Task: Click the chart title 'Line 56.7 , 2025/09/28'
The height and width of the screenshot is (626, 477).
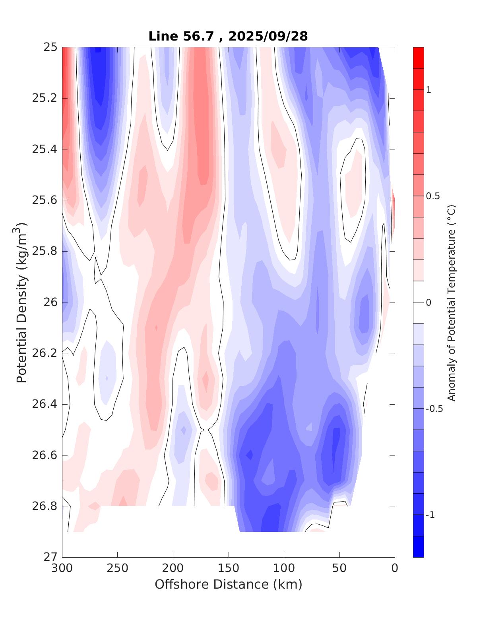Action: tap(228, 36)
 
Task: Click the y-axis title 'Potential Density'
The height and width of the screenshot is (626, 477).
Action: tap(21, 302)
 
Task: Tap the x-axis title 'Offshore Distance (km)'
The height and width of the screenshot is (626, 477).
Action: tap(228, 584)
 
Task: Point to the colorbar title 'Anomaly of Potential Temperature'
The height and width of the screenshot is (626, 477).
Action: tap(451, 302)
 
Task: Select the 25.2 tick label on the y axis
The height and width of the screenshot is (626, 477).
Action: tap(45, 98)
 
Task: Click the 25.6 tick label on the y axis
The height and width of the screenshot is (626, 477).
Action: tap(45, 200)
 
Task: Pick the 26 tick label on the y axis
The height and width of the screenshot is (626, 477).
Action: tap(50, 302)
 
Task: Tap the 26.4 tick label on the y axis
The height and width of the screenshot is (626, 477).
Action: tap(45, 404)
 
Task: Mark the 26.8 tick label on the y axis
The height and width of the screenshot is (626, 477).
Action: tap(45, 506)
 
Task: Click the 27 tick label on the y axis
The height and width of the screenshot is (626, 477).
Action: tap(50, 557)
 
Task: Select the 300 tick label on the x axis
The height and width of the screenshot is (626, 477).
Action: tap(62, 568)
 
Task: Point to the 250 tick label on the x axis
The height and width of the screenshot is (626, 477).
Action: tap(118, 568)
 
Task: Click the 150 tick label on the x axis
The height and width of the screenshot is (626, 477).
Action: tap(229, 568)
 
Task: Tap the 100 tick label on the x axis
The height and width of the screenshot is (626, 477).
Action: tap(284, 568)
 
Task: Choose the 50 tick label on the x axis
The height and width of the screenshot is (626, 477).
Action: tap(339, 568)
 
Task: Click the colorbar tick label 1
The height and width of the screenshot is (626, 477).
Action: tap(429, 90)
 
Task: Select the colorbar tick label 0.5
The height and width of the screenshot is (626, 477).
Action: tap(432, 196)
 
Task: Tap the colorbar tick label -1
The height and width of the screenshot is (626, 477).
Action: tap(430, 515)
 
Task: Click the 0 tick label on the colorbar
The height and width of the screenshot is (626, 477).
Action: tap(429, 302)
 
